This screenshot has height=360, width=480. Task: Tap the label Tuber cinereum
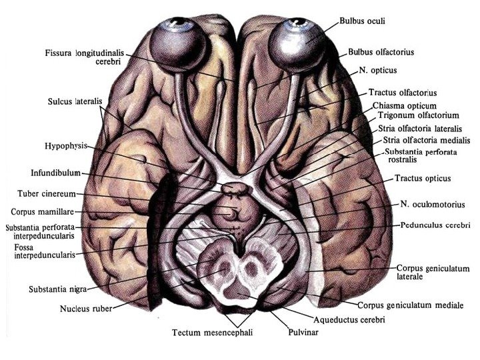[x=45, y=194]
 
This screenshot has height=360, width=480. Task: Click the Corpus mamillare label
[x=45, y=213]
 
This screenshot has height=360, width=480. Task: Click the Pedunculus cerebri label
[x=435, y=225]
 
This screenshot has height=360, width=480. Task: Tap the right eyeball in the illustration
[x=296, y=41]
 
